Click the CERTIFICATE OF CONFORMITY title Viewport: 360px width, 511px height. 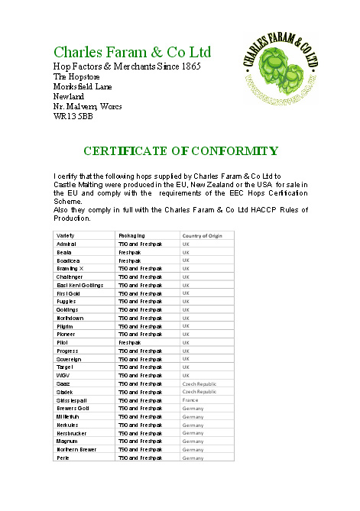[180, 151]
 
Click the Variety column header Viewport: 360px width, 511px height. [66, 235]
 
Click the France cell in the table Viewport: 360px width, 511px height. [190, 399]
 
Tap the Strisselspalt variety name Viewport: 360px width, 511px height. [75, 399]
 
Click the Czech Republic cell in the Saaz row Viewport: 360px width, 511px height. [199, 383]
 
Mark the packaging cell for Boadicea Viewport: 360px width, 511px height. [130, 260]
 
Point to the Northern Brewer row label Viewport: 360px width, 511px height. [76, 449]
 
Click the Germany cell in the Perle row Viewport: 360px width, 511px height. [193, 458]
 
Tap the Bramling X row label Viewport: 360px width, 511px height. [71, 268]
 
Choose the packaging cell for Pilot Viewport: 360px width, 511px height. [130, 342]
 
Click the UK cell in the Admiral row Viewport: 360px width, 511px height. [186, 244]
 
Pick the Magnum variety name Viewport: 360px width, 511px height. [67, 441]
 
